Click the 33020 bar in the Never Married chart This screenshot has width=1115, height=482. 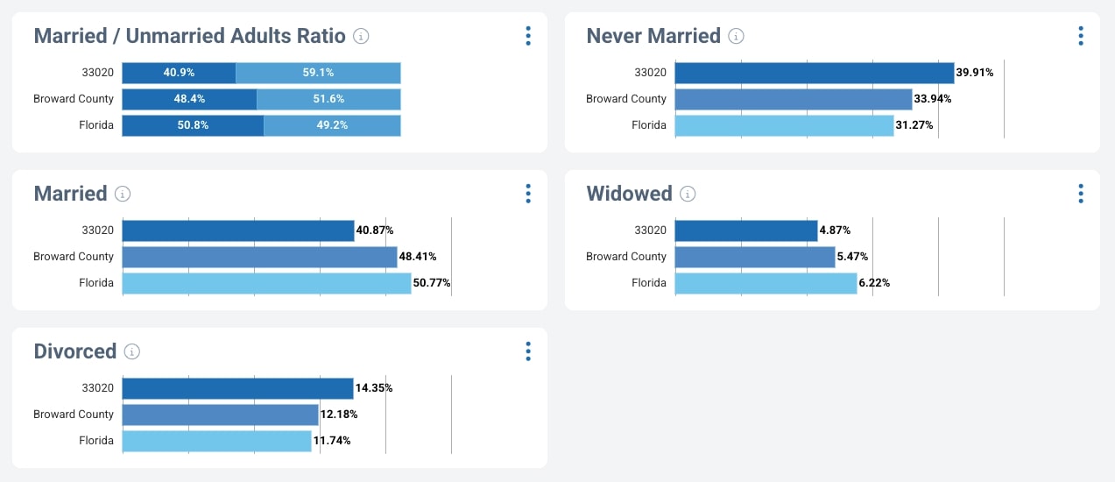(814, 73)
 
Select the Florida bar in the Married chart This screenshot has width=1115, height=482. (266, 283)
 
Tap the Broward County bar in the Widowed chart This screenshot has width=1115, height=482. (754, 257)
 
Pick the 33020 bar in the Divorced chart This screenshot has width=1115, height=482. (237, 388)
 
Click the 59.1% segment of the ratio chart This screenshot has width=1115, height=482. (318, 73)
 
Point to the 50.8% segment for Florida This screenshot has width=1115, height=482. (193, 125)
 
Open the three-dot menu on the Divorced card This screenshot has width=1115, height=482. (528, 351)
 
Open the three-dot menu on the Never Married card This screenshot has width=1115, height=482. (1081, 36)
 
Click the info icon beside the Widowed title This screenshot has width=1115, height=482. (688, 194)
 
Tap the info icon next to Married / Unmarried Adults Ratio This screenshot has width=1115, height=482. (361, 36)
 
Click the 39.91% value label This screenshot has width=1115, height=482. (975, 73)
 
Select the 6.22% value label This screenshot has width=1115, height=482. (874, 283)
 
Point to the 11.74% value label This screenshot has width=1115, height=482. (332, 441)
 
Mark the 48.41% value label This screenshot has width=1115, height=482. (418, 257)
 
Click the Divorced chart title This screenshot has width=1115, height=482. (74, 351)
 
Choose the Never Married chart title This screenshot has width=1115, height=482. (653, 36)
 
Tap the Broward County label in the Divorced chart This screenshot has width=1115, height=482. (74, 415)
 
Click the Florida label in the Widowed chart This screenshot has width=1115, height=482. (649, 283)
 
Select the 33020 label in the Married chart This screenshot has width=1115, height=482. (96, 230)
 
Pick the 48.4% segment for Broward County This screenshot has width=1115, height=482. (189, 99)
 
